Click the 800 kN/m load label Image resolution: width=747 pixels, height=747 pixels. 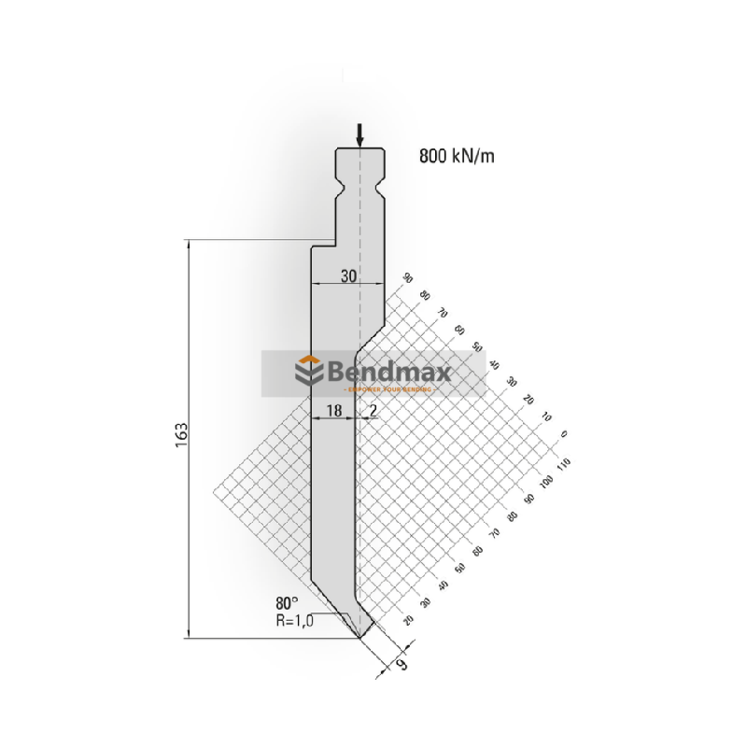[x=456, y=156]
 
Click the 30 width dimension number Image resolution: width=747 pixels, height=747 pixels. [x=347, y=276]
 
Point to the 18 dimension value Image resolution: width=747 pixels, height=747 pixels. [x=333, y=410]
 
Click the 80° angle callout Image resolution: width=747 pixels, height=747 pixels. [x=288, y=602]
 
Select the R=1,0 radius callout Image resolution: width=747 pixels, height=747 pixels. [x=295, y=619]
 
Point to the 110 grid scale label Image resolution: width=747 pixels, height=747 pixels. [x=563, y=462]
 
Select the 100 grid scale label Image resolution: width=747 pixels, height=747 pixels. [x=547, y=480]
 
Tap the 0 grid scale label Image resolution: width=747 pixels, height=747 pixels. [x=563, y=434]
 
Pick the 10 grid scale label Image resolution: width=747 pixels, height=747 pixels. [x=547, y=416]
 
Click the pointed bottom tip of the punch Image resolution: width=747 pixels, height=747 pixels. [x=361, y=639]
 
